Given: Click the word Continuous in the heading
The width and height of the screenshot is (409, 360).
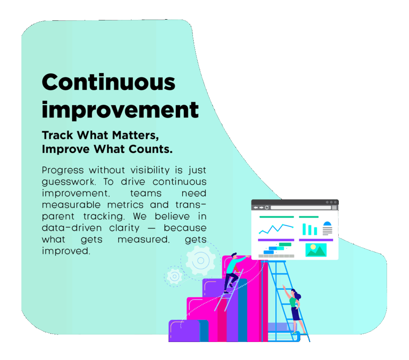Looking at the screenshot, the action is coord(109,82).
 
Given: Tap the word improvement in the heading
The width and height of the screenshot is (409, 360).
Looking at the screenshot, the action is coord(120,110).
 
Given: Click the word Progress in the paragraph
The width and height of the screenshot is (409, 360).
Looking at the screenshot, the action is coord(63,170).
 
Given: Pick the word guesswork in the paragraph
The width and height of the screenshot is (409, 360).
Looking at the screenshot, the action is coord(69,182).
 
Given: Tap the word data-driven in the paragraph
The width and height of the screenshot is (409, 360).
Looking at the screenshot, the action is coord(72,228).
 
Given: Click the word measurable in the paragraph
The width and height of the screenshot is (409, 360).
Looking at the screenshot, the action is coord(71,205).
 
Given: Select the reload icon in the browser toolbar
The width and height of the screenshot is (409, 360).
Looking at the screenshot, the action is coord(266,208).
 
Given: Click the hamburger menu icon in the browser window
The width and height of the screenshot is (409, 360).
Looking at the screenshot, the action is coord(334,208).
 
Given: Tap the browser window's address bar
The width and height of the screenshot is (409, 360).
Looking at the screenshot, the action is coord(301,208).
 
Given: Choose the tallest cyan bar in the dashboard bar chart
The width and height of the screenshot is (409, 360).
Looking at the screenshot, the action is coord(304,229).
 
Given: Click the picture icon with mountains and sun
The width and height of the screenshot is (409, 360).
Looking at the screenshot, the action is coord(316,250).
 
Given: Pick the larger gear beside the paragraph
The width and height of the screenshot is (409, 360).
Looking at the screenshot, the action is coord(201,261).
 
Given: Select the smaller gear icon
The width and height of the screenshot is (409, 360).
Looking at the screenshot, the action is coord(174,276).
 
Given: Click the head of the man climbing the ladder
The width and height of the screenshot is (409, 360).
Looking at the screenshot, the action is coord(234,255).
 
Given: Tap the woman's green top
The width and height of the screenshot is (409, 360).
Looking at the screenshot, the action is coord(293,302).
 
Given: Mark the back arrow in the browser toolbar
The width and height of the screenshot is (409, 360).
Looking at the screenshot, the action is coord(256,208).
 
